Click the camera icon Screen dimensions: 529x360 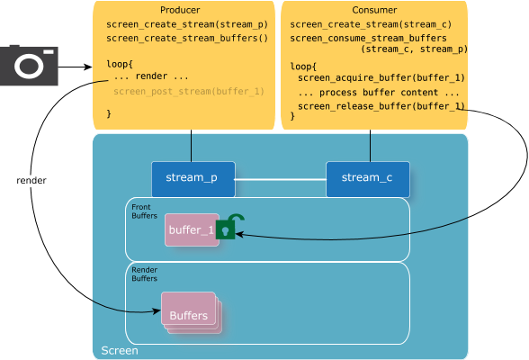pyautogui.click(x=29, y=65)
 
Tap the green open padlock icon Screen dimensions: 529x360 pyautogui.click(x=229, y=227)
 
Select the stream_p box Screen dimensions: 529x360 pyautogui.click(x=193, y=179)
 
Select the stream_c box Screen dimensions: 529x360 pyautogui.click(x=368, y=179)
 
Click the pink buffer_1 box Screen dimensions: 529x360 pyautogui.click(x=192, y=229)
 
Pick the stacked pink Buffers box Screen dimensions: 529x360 pyautogui.click(x=192, y=313)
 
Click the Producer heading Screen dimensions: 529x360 pyautogui.click(x=180, y=10)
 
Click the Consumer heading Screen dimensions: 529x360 pyautogui.click(x=374, y=10)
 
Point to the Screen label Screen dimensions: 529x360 pyautogui.click(x=120, y=351)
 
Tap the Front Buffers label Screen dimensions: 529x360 pyautogui.click(x=144, y=211)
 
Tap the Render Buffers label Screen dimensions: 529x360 pyautogui.click(x=144, y=274)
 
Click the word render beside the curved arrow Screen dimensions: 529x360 pyautogui.click(x=31, y=181)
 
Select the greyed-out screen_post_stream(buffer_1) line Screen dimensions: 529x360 pyautogui.click(x=189, y=92)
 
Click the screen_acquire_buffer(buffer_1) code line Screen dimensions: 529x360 pyautogui.click(x=381, y=78)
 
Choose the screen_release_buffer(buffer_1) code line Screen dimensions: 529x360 pyautogui.click(x=381, y=106)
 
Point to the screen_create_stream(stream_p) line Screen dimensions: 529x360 pyautogui.click(x=187, y=24)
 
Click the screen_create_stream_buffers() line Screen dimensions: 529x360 pyautogui.click(x=187, y=38)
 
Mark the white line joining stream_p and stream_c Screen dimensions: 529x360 pyautogui.click(x=281, y=179)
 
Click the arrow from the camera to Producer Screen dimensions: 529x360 pyautogui.click(x=75, y=67)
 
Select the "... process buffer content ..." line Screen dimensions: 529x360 pyautogui.click(x=379, y=93)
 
